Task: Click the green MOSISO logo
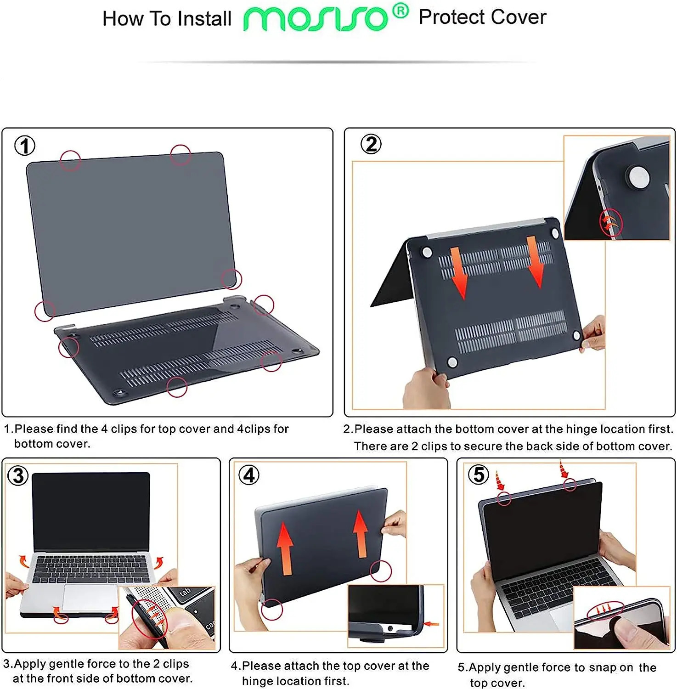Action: pos(315,19)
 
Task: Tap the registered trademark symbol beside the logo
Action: pos(401,11)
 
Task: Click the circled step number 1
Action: pos(25,146)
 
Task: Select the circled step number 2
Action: pos(371,144)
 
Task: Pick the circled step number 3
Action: pos(18,475)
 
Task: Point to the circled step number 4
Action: pos(249,475)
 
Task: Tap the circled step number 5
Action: pos(478,474)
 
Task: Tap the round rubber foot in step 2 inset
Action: pos(638,177)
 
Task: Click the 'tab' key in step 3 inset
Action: pos(185,593)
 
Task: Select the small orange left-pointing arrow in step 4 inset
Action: pos(431,624)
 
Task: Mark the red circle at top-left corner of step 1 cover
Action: pos(70,160)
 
